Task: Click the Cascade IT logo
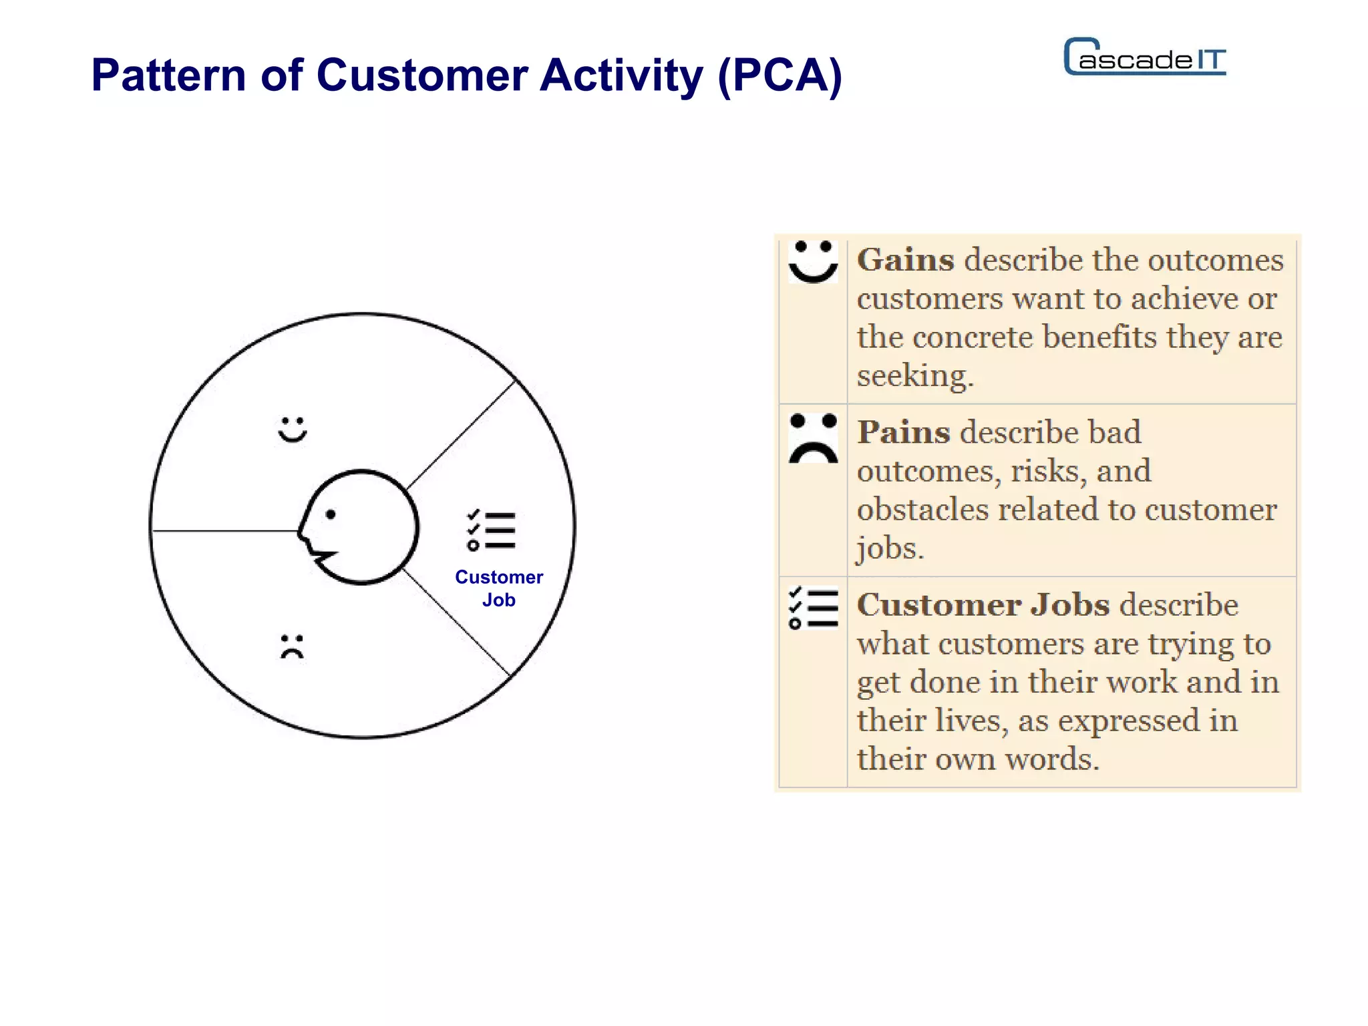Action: [1145, 57]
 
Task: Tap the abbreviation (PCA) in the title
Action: [780, 75]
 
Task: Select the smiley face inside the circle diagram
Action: [293, 430]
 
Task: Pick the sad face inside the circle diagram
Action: [292, 647]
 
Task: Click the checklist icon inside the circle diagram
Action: [492, 531]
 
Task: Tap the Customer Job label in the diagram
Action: [499, 588]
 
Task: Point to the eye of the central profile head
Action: [331, 514]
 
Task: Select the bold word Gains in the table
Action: [905, 260]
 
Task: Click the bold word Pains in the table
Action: [903, 432]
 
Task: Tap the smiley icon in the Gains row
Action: [813, 262]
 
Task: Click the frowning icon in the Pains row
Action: [813, 439]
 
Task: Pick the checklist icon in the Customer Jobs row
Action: [813, 607]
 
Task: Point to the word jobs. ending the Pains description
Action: [890, 548]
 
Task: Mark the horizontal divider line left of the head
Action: [224, 531]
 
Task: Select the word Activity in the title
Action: [621, 75]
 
